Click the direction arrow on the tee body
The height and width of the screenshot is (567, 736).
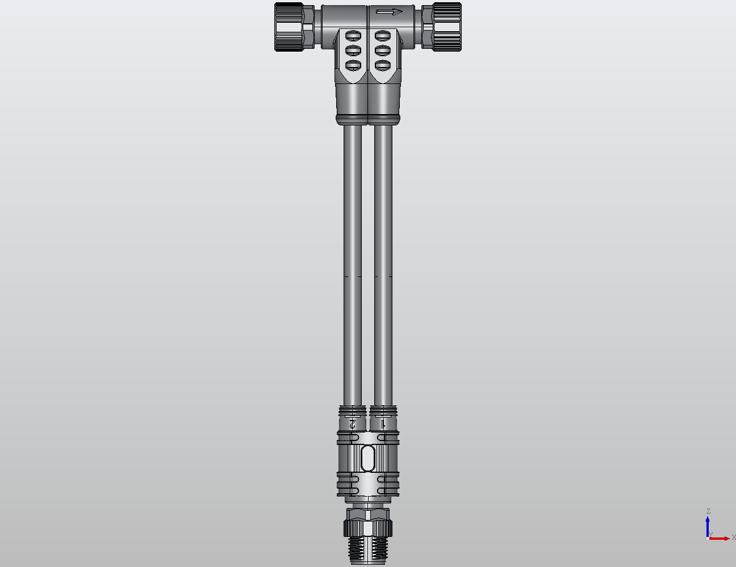click(x=389, y=12)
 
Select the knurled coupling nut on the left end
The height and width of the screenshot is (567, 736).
click(x=289, y=27)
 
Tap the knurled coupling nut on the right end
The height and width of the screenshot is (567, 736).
click(x=447, y=27)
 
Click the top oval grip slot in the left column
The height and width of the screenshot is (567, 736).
click(x=353, y=36)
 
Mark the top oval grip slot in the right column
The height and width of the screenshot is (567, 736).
click(x=382, y=36)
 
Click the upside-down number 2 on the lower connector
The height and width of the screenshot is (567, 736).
click(x=353, y=423)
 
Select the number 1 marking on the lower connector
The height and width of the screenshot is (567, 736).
click(x=383, y=423)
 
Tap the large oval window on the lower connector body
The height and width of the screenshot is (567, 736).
click(x=368, y=457)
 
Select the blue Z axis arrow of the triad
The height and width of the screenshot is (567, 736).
click(x=708, y=524)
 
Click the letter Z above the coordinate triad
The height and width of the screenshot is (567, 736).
click(x=708, y=511)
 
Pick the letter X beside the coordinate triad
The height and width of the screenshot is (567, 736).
click(x=733, y=537)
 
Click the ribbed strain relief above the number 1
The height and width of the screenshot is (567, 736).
click(x=383, y=410)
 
